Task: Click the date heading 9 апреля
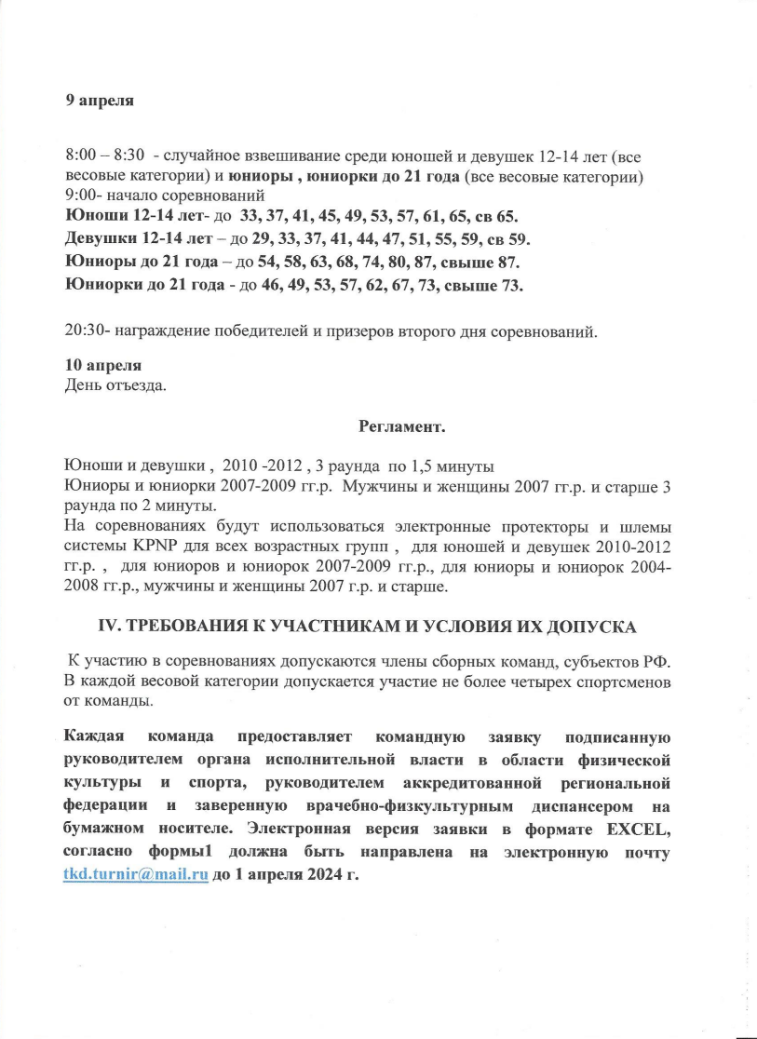(100, 101)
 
